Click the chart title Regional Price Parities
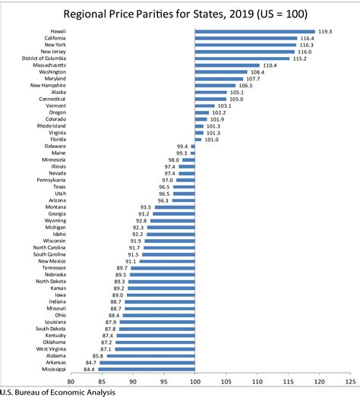pyautogui.click(x=180, y=12)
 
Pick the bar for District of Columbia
pyautogui.click(x=242, y=58)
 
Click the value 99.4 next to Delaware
pyautogui.click(x=182, y=145)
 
